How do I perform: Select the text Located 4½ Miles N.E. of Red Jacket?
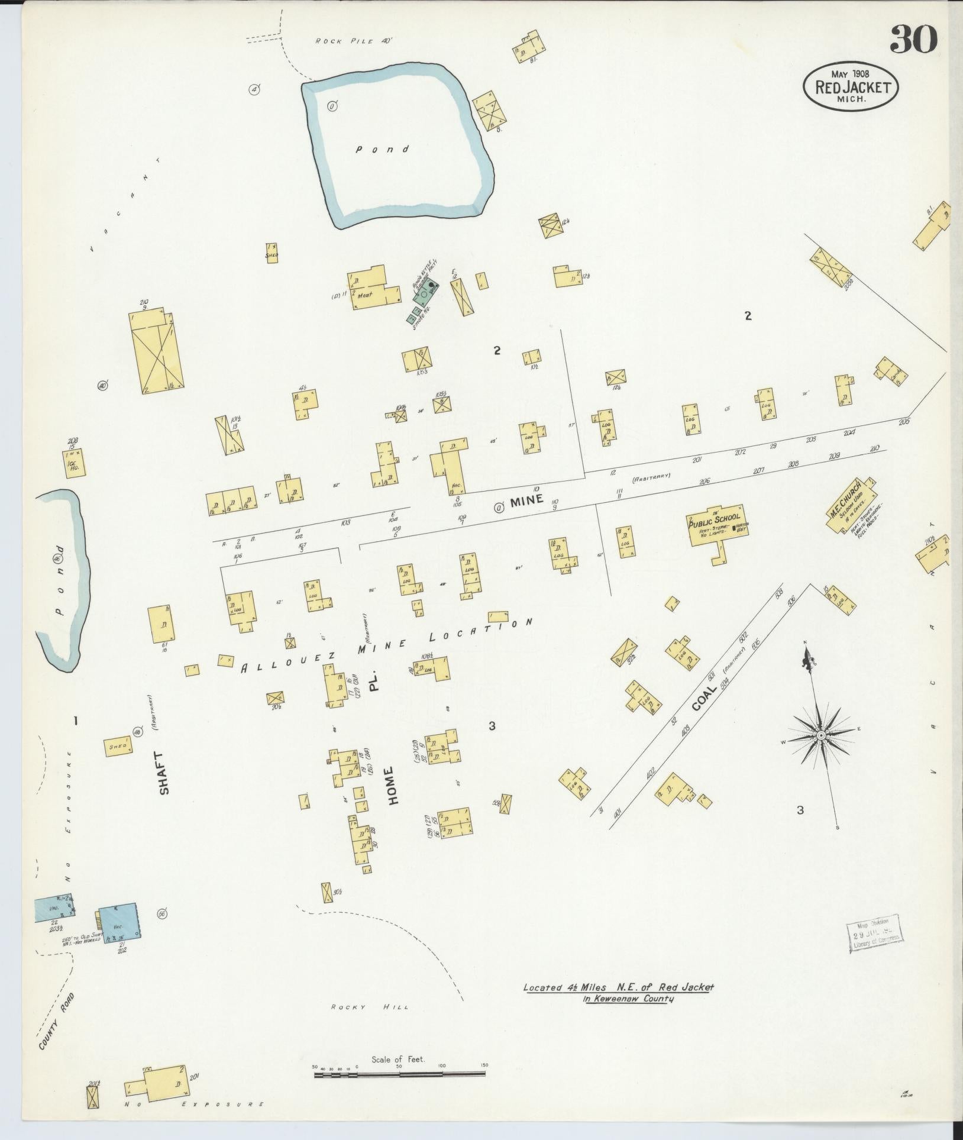pyautogui.click(x=619, y=987)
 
